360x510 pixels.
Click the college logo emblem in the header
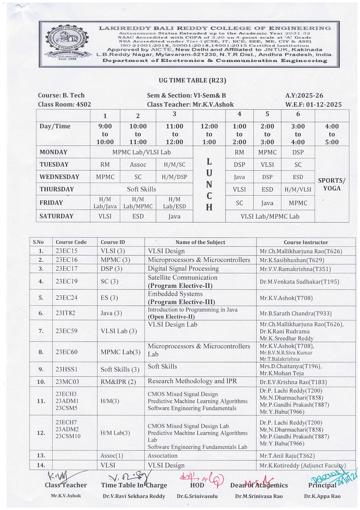67,42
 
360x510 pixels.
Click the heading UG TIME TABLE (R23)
192,80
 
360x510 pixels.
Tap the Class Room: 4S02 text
64,104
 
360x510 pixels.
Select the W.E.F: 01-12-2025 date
313,104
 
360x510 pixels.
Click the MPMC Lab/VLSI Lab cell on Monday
141,152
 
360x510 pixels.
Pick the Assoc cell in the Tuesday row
138,164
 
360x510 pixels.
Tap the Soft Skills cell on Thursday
141,189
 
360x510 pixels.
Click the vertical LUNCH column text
209,184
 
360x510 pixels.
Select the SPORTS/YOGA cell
332,184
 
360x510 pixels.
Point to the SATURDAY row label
56,216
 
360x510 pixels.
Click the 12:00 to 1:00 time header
209,134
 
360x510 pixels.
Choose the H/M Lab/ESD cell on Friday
174,203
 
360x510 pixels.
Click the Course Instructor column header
306,242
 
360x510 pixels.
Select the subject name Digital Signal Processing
183,269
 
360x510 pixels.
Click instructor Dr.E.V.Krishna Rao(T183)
293,382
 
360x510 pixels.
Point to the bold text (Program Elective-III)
181,302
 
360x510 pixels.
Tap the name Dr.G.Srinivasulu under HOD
197,496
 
